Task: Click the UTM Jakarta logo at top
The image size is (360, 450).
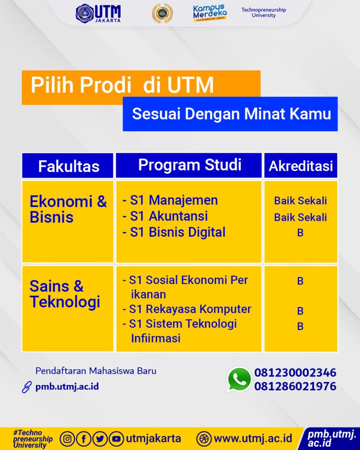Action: (98, 13)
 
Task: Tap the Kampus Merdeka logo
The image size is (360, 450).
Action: (210, 13)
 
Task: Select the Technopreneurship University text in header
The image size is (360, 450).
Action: (263, 13)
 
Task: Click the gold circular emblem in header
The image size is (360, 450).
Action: (162, 13)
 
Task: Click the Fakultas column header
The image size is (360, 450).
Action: (68, 166)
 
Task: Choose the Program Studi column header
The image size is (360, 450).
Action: (189, 165)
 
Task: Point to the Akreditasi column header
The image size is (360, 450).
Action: (300, 166)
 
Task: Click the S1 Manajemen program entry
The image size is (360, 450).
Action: (171, 200)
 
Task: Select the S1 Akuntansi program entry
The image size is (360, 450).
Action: (165, 216)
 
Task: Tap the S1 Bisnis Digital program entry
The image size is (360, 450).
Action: (174, 232)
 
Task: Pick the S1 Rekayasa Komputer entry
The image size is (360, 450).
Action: (187, 309)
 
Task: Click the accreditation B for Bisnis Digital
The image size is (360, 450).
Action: (300, 232)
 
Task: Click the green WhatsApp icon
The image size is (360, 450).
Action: (239, 379)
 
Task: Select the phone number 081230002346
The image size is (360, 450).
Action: (295, 373)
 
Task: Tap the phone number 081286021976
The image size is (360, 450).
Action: (295, 386)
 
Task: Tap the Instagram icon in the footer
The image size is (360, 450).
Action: (68, 439)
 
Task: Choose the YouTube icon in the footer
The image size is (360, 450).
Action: (116, 439)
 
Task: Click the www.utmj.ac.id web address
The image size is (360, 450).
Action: (253, 439)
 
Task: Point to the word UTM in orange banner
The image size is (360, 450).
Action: (190, 85)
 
